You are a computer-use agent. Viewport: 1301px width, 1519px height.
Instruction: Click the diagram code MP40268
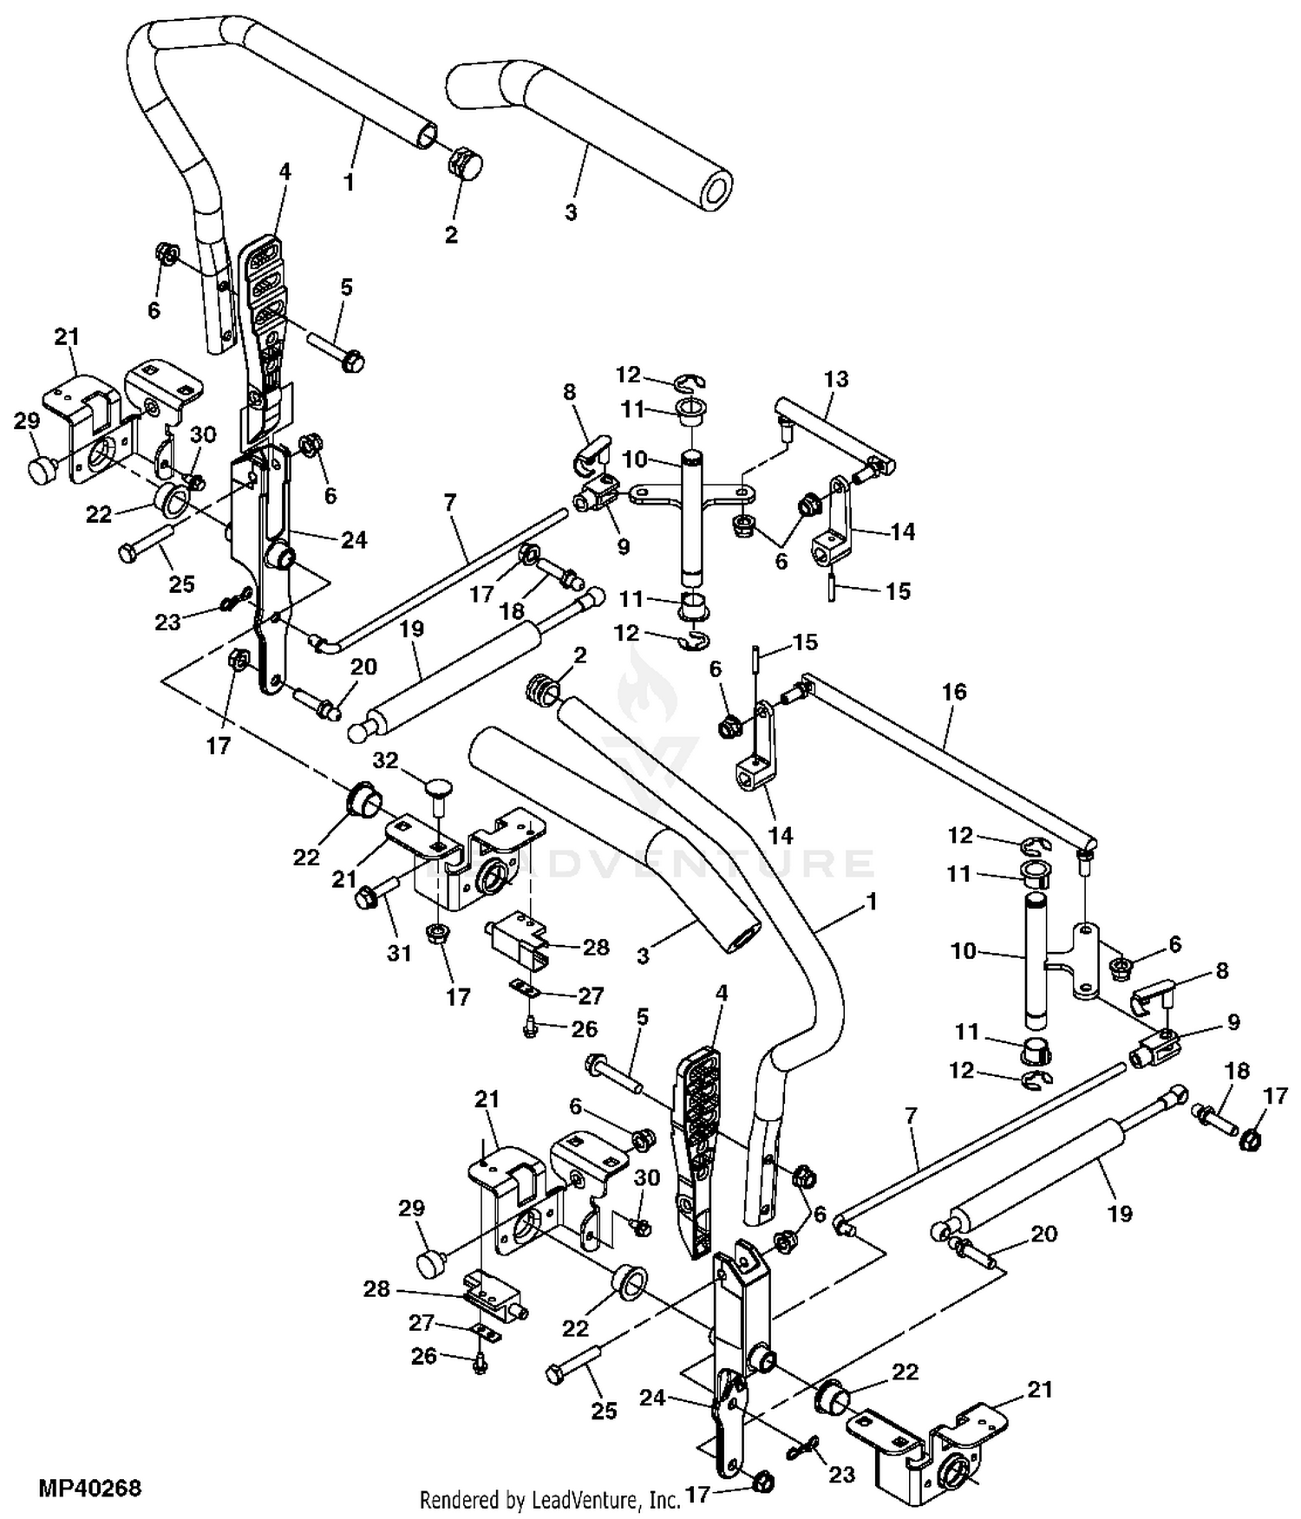(x=89, y=1488)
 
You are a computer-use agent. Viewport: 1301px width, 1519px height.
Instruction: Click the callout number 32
(x=385, y=760)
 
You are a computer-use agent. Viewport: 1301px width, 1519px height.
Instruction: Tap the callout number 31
(x=399, y=953)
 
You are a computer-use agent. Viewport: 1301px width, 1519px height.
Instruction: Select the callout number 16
(x=953, y=692)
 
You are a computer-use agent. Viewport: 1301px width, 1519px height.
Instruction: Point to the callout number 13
(x=836, y=379)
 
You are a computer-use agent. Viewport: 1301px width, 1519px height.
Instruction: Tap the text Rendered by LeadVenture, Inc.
(x=549, y=1499)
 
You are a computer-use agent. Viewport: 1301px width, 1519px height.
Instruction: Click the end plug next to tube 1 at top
(x=464, y=162)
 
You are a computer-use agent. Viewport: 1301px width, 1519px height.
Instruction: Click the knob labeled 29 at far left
(x=42, y=470)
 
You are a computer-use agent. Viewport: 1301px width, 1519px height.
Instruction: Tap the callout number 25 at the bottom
(x=604, y=1411)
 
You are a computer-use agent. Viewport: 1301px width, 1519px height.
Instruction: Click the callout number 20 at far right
(x=1044, y=1233)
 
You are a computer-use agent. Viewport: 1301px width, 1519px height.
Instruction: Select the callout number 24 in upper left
(x=354, y=539)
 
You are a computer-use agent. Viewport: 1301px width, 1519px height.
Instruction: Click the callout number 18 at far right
(x=1237, y=1071)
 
